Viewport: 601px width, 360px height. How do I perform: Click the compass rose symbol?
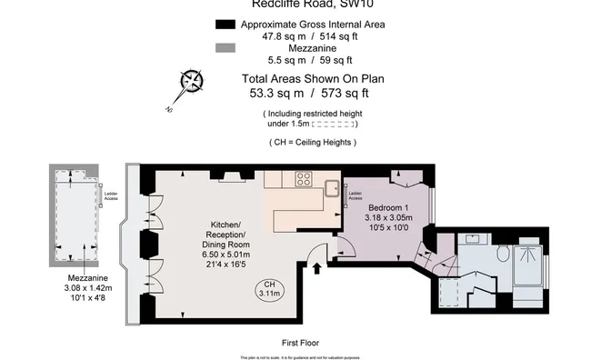tap(191, 83)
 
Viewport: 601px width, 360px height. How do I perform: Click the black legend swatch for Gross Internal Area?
tap(224, 24)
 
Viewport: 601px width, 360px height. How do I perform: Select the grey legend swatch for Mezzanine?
tap(224, 49)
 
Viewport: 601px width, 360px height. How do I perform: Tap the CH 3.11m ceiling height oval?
tap(268, 289)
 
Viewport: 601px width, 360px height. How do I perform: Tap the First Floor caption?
tap(300, 343)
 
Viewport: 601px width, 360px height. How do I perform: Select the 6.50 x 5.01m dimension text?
tap(225, 255)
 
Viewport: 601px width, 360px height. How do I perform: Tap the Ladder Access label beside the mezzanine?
tap(111, 195)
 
